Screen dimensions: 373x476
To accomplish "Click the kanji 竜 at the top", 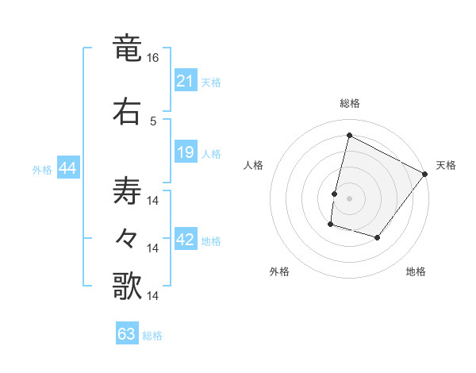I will pos(127,48).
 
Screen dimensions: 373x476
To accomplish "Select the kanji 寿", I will pos(127,191).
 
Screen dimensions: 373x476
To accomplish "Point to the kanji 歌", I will pos(127,286).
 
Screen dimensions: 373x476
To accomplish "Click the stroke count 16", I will pos(153,58).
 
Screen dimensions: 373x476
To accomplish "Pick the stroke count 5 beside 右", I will pos(153,121).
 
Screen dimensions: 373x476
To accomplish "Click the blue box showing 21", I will pos(186,80).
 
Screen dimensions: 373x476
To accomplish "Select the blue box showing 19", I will pos(186,152).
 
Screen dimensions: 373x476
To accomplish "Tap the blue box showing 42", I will pos(186,240).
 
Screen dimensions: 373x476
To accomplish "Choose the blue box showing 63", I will pos(127,334).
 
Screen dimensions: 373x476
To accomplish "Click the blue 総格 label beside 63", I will pos(152,336).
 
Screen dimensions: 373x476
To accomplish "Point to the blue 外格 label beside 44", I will pos(42,169).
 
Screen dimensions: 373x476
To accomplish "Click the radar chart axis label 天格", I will pos(446,165).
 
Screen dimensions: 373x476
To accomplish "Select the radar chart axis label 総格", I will pos(349,103).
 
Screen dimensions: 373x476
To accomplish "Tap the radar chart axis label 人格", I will pos(254,165).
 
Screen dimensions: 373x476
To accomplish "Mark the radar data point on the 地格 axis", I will pos(378,238).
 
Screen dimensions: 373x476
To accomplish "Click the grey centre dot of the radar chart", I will pos(349,198).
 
